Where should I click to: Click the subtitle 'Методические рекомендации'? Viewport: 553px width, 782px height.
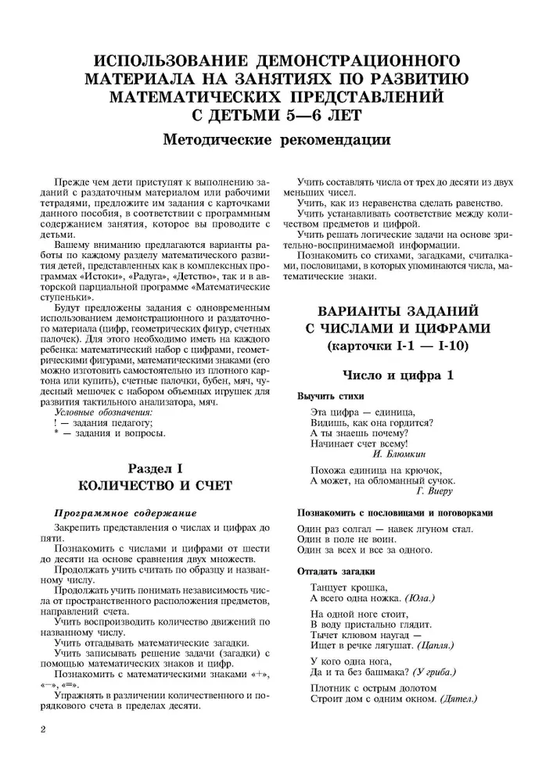(276, 142)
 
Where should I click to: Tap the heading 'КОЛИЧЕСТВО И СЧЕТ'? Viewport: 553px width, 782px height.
(153, 486)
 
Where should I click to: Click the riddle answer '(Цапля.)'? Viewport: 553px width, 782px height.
(441, 647)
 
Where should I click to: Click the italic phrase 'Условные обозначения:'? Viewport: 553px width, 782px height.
(103, 411)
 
